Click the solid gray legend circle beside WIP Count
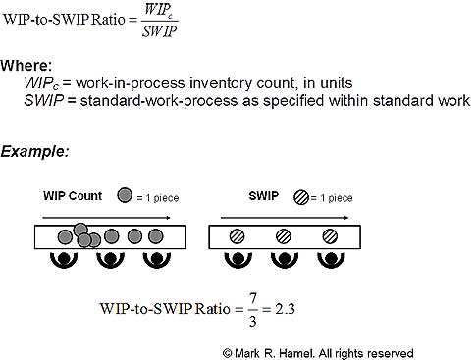(124, 194)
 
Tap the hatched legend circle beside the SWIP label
(299, 196)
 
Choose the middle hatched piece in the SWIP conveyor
(283, 236)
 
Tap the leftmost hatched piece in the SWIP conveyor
(237, 236)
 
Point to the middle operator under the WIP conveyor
(110, 260)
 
